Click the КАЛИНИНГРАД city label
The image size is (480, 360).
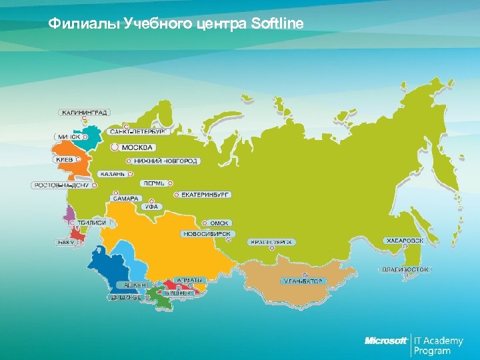[x=85, y=113]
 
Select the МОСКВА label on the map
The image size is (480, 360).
[x=137, y=147]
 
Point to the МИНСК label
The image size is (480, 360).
[x=68, y=137]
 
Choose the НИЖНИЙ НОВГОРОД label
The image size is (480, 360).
[x=166, y=161]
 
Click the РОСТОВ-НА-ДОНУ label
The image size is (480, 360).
[x=61, y=185]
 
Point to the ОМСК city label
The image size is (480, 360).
[x=219, y=223]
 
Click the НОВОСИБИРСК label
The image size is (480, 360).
[x=207, y=234]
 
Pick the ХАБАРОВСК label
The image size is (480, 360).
[x=405, y=240]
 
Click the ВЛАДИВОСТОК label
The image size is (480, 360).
[x=406, y=270]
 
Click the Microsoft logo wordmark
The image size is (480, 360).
[x=386, y=341]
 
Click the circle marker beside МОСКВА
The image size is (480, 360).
[x=114, y=147]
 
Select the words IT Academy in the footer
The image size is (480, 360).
[x=439, y=341]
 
